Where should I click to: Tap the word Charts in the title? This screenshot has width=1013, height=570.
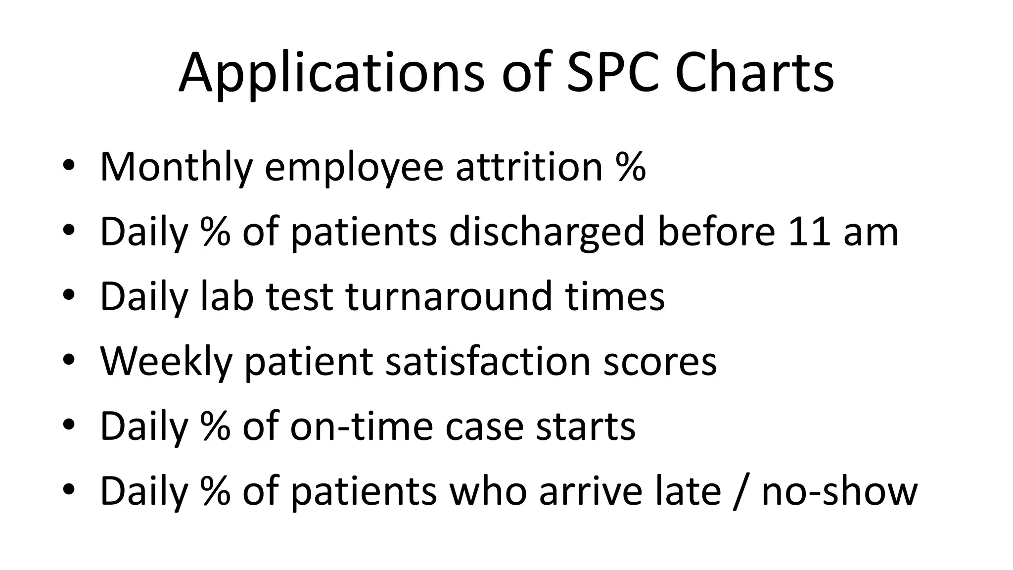754,73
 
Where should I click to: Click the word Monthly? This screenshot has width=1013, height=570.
176,167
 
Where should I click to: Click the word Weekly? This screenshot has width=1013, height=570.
166,362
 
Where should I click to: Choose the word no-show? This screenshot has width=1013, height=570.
839,491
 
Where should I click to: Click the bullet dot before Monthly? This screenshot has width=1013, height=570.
69,167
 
